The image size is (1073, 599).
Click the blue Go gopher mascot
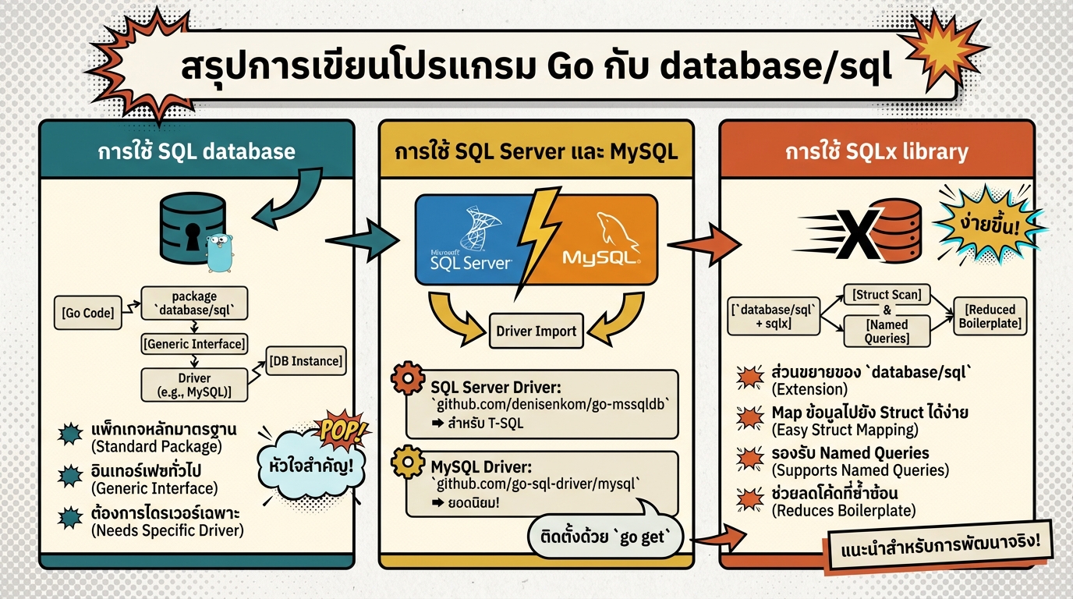(220, 251)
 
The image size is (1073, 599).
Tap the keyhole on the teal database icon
(191, 236)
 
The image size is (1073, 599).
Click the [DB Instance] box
(306, 361)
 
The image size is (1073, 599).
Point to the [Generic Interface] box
(194, 342)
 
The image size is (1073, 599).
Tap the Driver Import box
(536, 331)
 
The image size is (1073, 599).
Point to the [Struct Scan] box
(887, 295)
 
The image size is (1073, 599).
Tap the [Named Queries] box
(887, 331)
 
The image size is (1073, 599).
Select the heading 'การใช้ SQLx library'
(876, 151)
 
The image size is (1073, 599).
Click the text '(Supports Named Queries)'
(859, 470)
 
